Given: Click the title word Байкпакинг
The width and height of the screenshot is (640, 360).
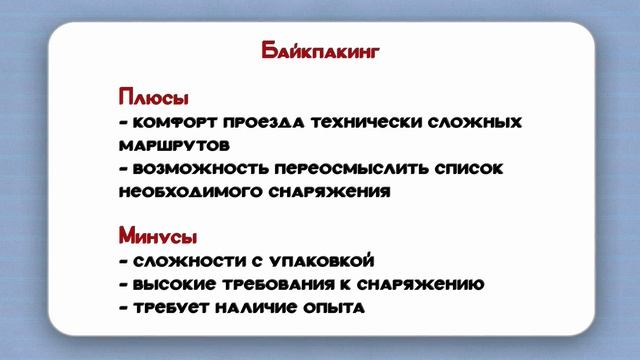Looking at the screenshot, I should (x=319, y=51).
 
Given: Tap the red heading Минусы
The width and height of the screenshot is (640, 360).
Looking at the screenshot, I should (x=157, y=238).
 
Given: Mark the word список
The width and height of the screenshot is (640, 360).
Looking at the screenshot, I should (x=471, y=168).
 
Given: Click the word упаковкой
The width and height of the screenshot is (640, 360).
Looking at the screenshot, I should (x=324, y=262).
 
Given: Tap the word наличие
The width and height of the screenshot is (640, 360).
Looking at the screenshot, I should (x=256, y=308).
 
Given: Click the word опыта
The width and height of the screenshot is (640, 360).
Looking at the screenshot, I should (x=335, y=308).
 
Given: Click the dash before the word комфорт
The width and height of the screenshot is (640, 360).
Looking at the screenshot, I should (x=122, y=123).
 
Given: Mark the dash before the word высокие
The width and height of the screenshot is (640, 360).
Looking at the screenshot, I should (x=122, y=285).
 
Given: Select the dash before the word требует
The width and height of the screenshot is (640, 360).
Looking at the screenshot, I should (x=122, y=308).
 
